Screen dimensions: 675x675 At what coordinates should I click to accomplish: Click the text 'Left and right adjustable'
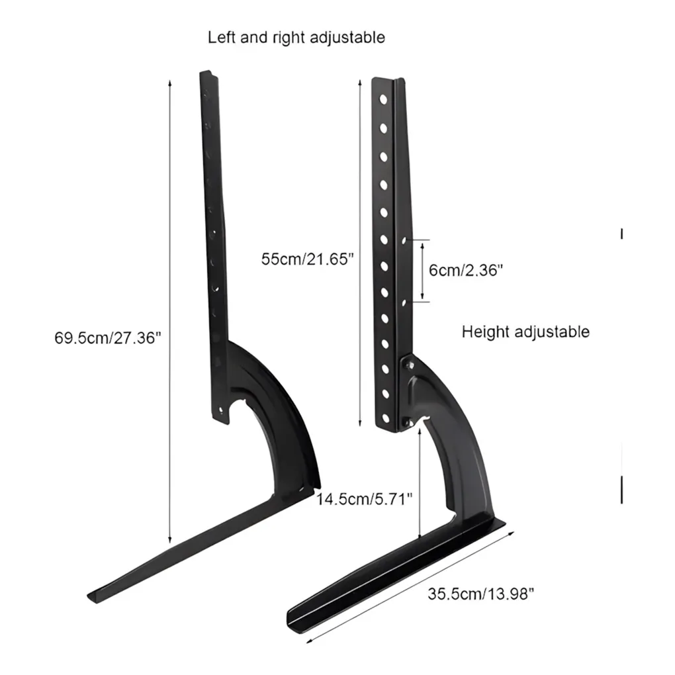296,38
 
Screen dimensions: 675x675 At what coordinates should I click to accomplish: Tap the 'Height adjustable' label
525,332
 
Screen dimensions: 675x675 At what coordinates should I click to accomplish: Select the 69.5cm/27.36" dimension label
108,337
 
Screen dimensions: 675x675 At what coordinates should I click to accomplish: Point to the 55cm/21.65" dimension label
308,259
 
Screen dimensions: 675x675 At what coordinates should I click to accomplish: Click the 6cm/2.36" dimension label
466,270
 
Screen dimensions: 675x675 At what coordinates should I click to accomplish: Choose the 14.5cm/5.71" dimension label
364,498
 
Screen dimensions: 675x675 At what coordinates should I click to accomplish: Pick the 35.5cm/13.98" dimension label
480,594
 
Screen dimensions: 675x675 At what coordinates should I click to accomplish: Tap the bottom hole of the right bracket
384,416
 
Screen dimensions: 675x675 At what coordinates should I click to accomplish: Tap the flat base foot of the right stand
397,569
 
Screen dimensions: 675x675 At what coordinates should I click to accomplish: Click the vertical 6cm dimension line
422,270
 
